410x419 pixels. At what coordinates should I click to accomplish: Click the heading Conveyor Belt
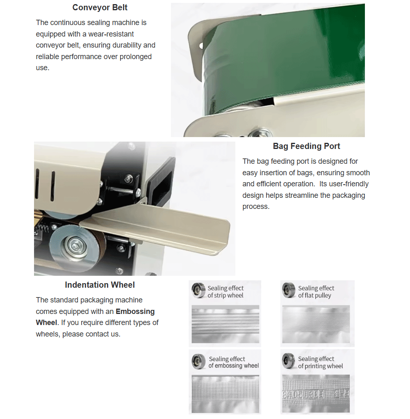pyautogui.click(x=100, y=7)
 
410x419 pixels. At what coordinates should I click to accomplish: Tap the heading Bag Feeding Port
pyautogui.click(x=306, y=146)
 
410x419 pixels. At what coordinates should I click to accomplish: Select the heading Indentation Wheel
pyautogui.click(x=100, y=285)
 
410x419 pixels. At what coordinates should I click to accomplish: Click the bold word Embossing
pyautogui.click(x=135, y=311)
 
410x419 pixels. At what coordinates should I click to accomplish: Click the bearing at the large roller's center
pyautogui.click(x=75, y=245)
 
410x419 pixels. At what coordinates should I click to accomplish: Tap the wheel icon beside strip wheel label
pyautogui.click(x=198, y=291)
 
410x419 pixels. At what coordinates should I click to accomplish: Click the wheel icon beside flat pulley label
pyautogui.click(x=289, y=290)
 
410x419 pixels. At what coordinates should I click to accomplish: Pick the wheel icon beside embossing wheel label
pyautogui.click(x=198, y=362)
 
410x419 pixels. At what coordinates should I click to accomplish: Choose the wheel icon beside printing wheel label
pyautogui.click(x=289, y=361)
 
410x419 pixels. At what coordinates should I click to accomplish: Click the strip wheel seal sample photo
pyautogui.click(x=225, y=324)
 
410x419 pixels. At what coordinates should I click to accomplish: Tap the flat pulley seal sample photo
pyautogui.click(x=316, y=324)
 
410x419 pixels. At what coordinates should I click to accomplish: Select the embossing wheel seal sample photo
pyautogui.click(x=225, y=394)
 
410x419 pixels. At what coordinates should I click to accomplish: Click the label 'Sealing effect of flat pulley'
pyautogui.click(x=316, y=292)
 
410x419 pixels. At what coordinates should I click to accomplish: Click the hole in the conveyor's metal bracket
pyautogui.click(x=201, y=46)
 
